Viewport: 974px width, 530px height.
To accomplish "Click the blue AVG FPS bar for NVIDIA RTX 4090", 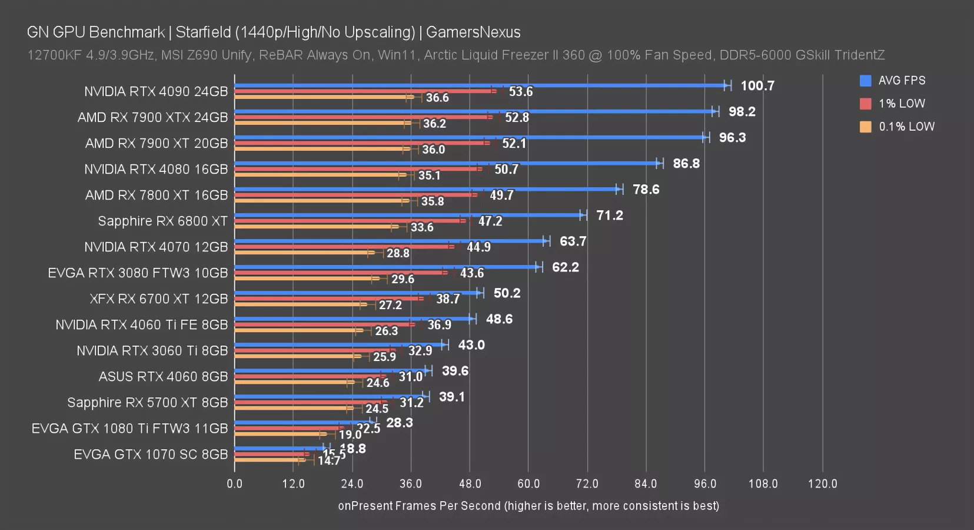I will point(480,85).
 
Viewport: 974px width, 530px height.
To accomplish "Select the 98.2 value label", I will point(742,111).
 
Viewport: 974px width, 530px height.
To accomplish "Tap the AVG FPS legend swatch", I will point(865,81).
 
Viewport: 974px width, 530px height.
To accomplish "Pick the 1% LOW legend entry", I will point(901,104).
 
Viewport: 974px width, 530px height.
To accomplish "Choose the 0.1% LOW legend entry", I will point(906,127).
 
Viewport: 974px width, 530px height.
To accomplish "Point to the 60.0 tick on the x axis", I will point(528,483).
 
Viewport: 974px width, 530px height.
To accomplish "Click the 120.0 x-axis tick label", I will point(822,483).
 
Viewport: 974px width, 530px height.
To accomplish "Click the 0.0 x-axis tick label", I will point(234,483).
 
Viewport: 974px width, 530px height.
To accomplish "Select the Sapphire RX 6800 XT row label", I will point(162,221).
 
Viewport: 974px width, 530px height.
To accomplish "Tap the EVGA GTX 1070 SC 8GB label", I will point(151,454).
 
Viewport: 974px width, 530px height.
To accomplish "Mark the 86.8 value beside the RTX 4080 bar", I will point(686,163).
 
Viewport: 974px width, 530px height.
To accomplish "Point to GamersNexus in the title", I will point(473,32).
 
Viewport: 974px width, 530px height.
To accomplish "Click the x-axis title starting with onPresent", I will point(528,506).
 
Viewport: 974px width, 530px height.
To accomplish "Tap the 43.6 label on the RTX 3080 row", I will point(471,273).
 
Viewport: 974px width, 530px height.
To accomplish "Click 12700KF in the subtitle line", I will point(54,55).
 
